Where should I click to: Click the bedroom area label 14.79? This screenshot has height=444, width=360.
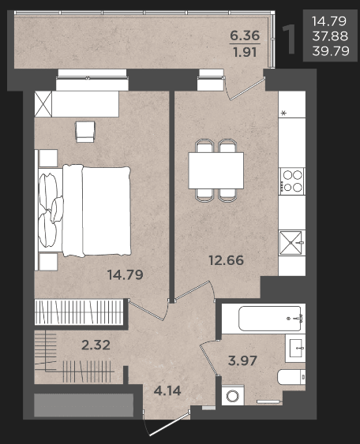tap(125, 274)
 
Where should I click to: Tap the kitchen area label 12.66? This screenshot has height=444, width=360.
tap(226, 260)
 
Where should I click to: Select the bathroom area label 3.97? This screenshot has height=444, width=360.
tap(242, 360)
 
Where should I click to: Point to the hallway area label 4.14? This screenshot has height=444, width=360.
tap(167, 391)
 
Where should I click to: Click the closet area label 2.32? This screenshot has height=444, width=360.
tap(96, 345)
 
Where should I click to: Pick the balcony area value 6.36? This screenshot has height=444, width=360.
tap(245, 35)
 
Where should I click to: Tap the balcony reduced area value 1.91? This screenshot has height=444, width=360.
tap(245, 52)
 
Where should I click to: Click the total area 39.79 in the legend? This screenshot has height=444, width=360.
tap(331, 51)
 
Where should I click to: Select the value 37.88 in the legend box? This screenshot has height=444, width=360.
tap(330, 36)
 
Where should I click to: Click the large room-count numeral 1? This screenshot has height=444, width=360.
tap(289, 39)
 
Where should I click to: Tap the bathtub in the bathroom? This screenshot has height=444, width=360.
tap(269, 319)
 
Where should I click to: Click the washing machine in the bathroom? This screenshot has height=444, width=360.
tap(233, 395)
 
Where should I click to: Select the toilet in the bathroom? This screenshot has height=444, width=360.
tap(291, 377)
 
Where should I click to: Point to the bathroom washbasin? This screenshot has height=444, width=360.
tap(295, 348)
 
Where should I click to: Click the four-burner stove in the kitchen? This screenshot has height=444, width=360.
tap(292, 181)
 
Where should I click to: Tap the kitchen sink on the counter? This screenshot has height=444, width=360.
tap(292, 243)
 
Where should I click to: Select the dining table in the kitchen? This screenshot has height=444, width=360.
tap(216, 170)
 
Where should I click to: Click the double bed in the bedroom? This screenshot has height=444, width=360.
tap(84, 211)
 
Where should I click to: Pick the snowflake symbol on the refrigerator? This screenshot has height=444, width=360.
tap(283, 114)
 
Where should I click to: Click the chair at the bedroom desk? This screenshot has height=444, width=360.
tap(85, 132)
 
